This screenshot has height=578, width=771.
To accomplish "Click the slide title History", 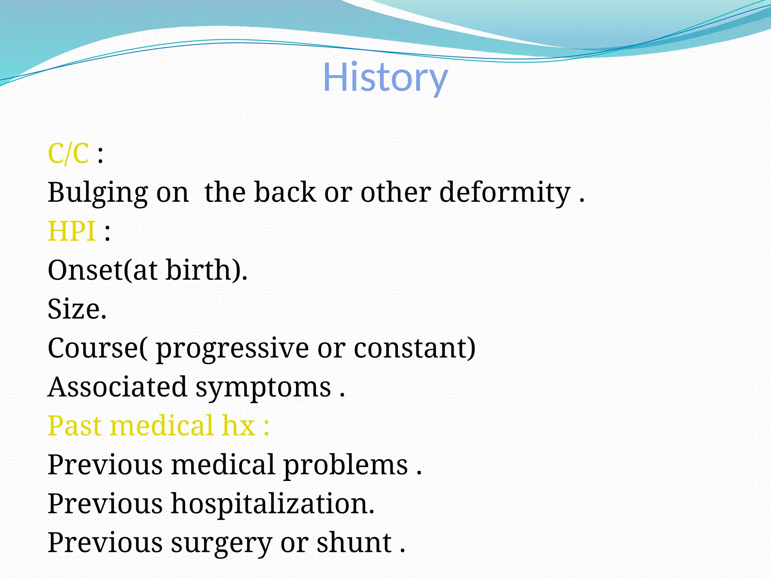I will tap(385, 78).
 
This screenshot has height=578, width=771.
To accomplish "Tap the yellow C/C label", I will tap(69, 154).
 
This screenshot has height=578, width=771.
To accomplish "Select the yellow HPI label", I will tap(72, 231).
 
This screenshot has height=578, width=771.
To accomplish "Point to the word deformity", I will tap(504, 193).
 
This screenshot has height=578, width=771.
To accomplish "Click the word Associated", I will tap(117, 387).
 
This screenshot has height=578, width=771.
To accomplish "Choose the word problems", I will tap(346, 465).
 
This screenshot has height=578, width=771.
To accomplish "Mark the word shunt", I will tap(354, 543).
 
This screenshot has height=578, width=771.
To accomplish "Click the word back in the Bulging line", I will tap(285, 193).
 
